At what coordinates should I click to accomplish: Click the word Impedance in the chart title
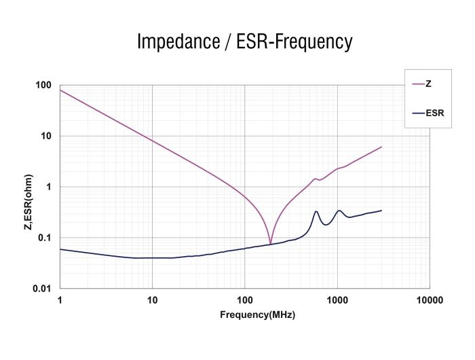point(178,42)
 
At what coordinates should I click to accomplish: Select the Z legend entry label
point(429,84)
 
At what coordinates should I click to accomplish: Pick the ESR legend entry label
point(434,113)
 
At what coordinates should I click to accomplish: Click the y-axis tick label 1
point(50,187)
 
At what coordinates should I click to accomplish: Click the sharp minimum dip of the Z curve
point(270,242)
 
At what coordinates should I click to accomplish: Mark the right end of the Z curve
point(381,147)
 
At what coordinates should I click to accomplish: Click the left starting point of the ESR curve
point(60,249)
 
